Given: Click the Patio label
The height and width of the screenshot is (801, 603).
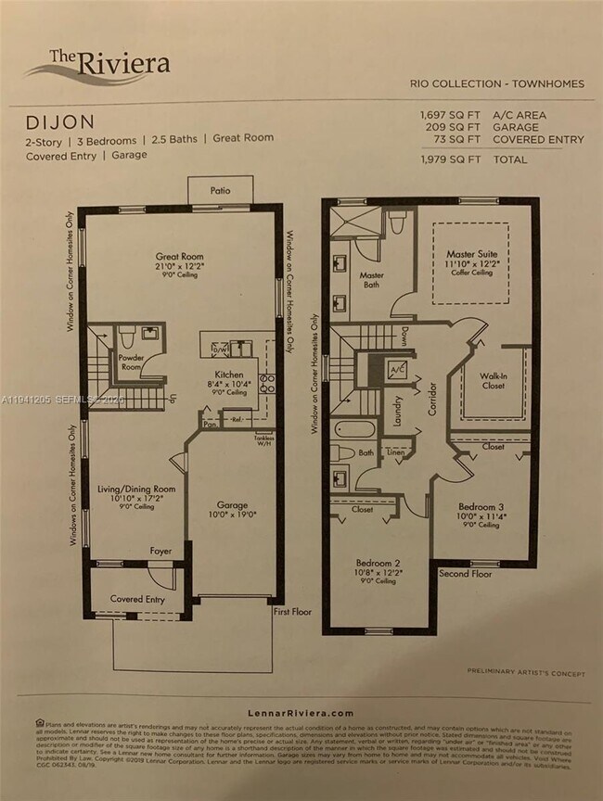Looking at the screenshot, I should [x=220, y=191].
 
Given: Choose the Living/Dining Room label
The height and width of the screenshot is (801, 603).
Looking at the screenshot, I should [x=137, y=489].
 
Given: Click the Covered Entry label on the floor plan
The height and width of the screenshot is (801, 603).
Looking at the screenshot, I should [x=139, y=599].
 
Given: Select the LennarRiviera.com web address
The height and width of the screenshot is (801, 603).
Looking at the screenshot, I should [x=301, y=713].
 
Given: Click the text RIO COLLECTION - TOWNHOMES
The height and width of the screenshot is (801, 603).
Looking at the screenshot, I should [x=496, y=83].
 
